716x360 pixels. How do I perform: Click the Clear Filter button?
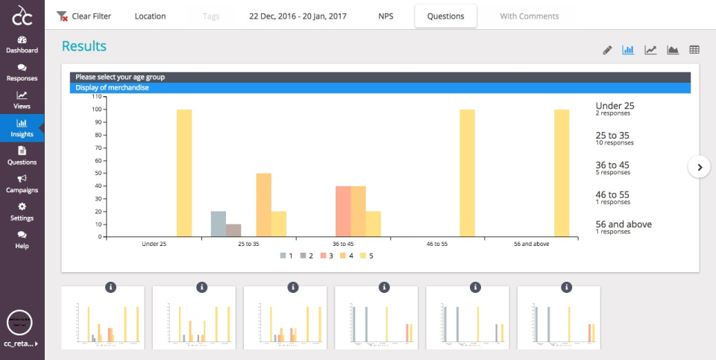tap(84, 16)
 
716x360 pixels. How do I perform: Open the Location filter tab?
tap(150, 16)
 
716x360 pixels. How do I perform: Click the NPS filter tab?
tap(386, 16)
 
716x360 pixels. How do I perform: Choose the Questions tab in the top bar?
tap(445, 16)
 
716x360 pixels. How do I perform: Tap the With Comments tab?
tap(529, 16)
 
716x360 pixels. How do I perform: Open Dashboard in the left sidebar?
tap(22, 44)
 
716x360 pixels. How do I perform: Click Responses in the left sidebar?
tap(22, 72)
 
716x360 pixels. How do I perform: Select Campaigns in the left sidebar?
tap(22, 183)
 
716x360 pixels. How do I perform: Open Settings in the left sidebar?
tap(22, 212)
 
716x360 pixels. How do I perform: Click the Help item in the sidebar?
tap(22, 239)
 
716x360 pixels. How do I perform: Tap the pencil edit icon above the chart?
tap(607, 50)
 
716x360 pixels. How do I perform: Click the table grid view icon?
tap(694, 50)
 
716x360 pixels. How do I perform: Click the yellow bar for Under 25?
tap(184, 173)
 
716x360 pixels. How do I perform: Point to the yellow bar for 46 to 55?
tap(467, 173)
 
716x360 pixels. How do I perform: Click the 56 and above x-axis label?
tap(531, 243)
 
